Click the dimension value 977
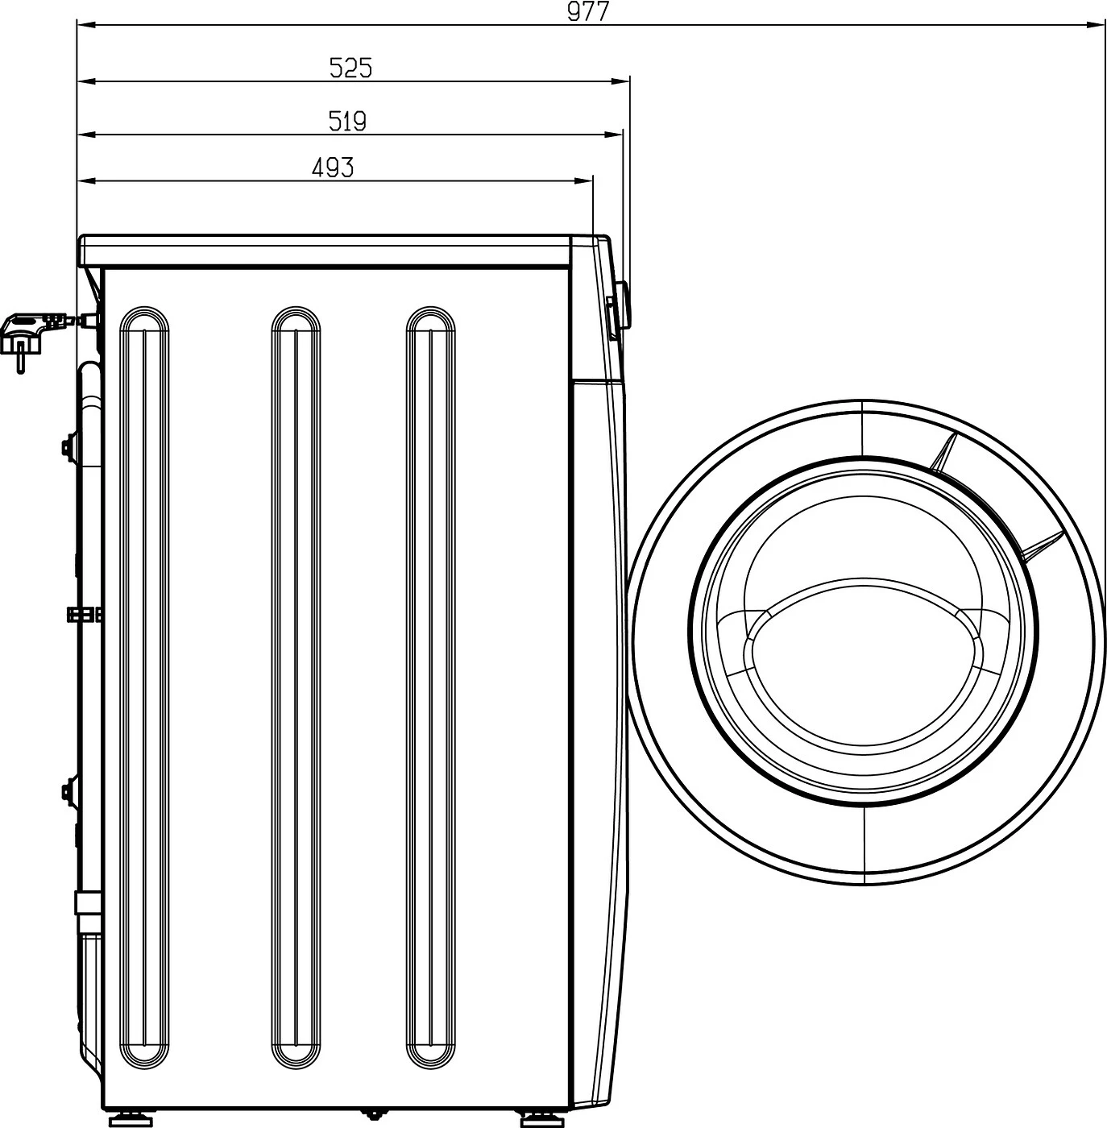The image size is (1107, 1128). coord(588,12)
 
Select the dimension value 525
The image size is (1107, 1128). coord(351,68)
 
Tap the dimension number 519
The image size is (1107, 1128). coord(347,122)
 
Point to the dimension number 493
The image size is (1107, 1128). coord(332,168)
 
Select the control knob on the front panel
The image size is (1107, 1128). coord(620,307)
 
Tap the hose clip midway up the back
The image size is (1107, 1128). coord(85,615)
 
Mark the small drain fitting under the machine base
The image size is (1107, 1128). coord(372,1114)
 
